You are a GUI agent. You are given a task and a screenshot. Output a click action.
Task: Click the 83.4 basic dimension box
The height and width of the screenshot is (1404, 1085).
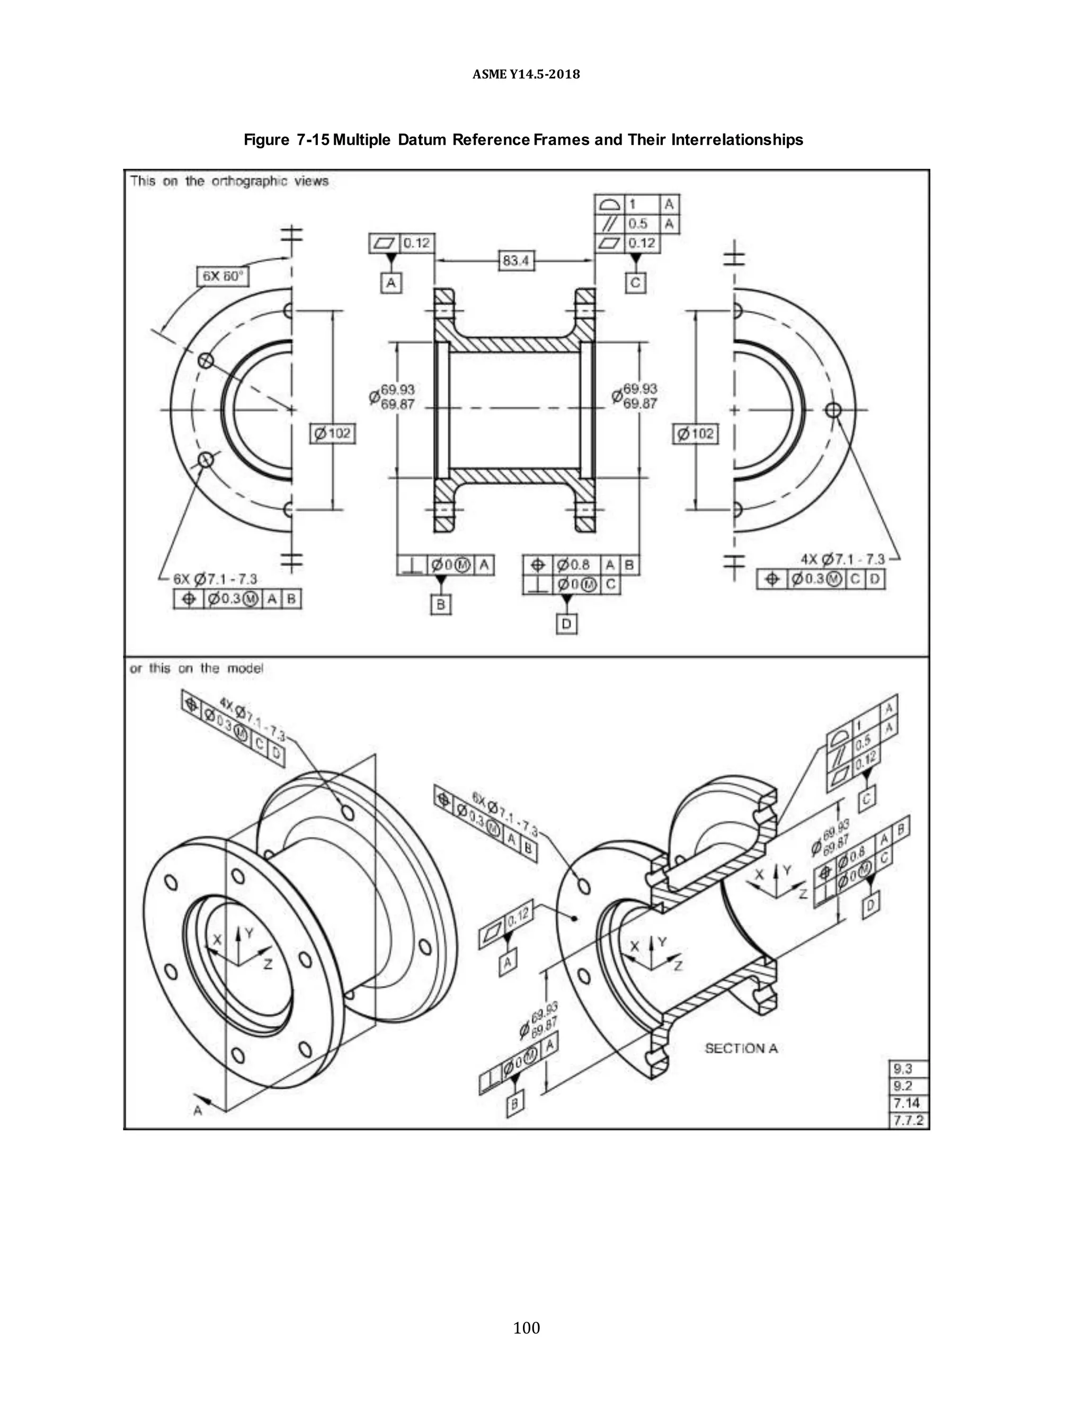516,260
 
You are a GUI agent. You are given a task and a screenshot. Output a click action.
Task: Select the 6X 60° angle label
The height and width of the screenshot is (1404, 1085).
223,277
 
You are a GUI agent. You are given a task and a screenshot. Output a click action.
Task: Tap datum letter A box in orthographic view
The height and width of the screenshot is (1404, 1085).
391,283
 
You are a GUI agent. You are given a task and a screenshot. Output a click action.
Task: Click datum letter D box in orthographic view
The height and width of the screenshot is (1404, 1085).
566,624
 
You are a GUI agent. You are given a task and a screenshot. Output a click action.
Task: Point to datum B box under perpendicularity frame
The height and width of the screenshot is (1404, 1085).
441,605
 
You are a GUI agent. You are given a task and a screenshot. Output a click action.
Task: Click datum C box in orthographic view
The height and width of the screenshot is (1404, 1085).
635,283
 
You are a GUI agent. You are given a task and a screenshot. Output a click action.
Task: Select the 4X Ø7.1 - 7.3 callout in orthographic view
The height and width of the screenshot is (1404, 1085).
842,559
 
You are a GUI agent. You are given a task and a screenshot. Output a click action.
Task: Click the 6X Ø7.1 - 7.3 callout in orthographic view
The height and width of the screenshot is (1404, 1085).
215,579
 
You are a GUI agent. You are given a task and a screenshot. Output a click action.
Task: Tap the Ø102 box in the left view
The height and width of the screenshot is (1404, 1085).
332,433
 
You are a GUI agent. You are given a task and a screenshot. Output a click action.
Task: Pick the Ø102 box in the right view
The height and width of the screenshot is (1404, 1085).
696,433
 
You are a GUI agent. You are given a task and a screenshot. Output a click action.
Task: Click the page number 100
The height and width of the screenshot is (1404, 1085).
527,1328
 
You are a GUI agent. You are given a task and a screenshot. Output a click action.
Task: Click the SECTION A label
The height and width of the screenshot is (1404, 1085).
741,1048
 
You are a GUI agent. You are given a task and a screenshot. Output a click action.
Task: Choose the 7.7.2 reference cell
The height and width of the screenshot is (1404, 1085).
908,1121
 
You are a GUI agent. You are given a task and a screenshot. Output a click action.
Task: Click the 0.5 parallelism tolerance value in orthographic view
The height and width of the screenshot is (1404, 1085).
638,224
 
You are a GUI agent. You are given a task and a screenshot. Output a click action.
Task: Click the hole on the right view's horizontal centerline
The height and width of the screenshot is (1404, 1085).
833,410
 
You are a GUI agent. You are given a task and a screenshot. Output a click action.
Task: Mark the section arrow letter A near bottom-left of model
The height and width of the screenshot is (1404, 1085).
198,1110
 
